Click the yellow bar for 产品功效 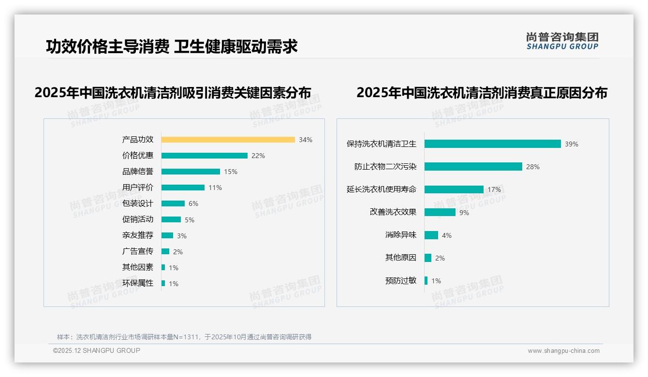tap(228, 140)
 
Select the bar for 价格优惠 tap(204, 156)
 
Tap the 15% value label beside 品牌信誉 tap(231, 172)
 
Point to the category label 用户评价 tap(138, 188)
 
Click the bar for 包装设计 tap(173, 203)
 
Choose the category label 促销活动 tap(138, 219)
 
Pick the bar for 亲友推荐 tap(167, 235)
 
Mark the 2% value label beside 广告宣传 tap(178, 252)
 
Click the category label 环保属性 tap(138, 283)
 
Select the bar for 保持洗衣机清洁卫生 tap(492, 144)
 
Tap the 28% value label tap(533, 167)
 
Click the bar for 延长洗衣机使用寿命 tap(454, 189)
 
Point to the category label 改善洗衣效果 tap(393, 212)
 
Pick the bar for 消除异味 tap(431, 235)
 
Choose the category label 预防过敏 tap(400, 280)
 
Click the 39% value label tap(572, 144)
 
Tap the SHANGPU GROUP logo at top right tap(562, 41)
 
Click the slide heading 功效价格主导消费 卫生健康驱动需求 tap(172, 46)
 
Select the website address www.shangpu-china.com tap(563, 351)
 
